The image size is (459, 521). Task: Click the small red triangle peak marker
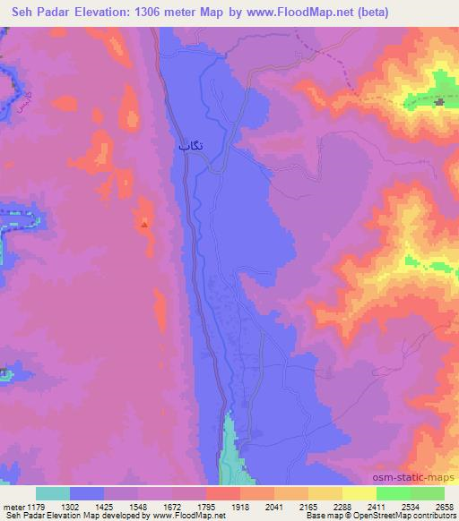click(x=143, y=224)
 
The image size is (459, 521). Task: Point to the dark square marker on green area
click(x=439, y=103)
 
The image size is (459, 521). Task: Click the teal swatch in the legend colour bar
click(x=52, y=492)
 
